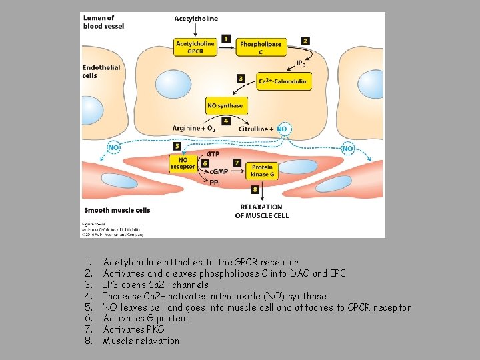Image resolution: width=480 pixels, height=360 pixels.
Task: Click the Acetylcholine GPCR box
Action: click(x=195, y=47)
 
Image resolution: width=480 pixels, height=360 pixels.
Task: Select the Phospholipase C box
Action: click(x=261, y=47)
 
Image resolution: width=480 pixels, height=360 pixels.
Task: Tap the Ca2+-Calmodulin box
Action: click(x=283, y=81)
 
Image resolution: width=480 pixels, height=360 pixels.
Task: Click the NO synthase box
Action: click(x=225, y=105)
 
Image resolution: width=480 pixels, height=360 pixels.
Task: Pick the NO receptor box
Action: click(x=183, y=163)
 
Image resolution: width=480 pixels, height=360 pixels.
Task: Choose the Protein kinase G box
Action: click(x=262, y=170)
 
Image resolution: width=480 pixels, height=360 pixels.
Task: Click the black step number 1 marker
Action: click(x=226, y=39)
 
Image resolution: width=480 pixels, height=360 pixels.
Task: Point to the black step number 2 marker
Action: click(x=305, y=41)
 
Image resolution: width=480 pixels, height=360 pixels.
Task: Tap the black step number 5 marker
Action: click(x=177, y=145)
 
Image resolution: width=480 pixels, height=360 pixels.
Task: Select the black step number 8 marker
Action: click(x=255, y=190)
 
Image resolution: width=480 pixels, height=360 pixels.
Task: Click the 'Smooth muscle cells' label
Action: click(x=117, y=210)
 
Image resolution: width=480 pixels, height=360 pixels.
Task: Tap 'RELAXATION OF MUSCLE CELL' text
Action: click(x=262, y=211)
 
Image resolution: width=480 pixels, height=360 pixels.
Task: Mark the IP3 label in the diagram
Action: click(x=302, y=64)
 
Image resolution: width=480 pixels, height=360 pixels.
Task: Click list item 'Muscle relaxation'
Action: click(x=141, y=341)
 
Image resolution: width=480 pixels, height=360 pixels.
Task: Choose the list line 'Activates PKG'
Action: click(x=133, y=329)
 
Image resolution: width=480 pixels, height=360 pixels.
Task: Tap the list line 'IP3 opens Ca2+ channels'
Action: click(x=155, y=285)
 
